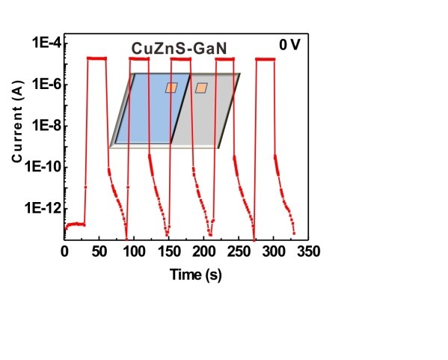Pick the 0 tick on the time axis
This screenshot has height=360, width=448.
[64, 251]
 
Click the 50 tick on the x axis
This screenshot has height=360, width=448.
[99, 251]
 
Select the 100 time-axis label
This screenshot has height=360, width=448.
[134, 251]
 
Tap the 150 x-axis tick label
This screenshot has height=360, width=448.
[169, 251]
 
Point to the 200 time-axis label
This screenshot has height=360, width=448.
[203, 251]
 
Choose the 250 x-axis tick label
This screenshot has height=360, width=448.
[239, 251]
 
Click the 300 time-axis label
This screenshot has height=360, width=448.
[274, 251]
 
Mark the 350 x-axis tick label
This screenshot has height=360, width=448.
[308, 251]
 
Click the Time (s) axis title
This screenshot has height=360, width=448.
[196, 275]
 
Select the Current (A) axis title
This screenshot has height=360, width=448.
[17, 122]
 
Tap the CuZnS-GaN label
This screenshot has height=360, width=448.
[179, 49]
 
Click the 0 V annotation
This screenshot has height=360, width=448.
[289, 45]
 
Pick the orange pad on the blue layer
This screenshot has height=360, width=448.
[171, 88]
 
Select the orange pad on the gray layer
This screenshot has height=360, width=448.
[201, 88]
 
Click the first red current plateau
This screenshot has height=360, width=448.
[96, 58]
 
